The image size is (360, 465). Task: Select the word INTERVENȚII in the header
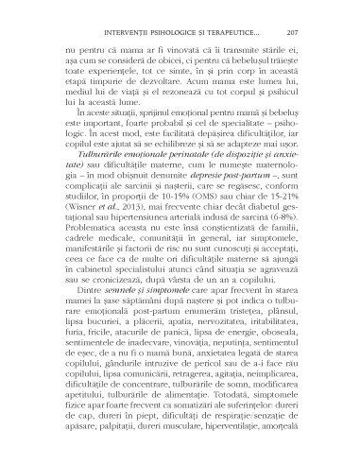click(115, 18)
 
